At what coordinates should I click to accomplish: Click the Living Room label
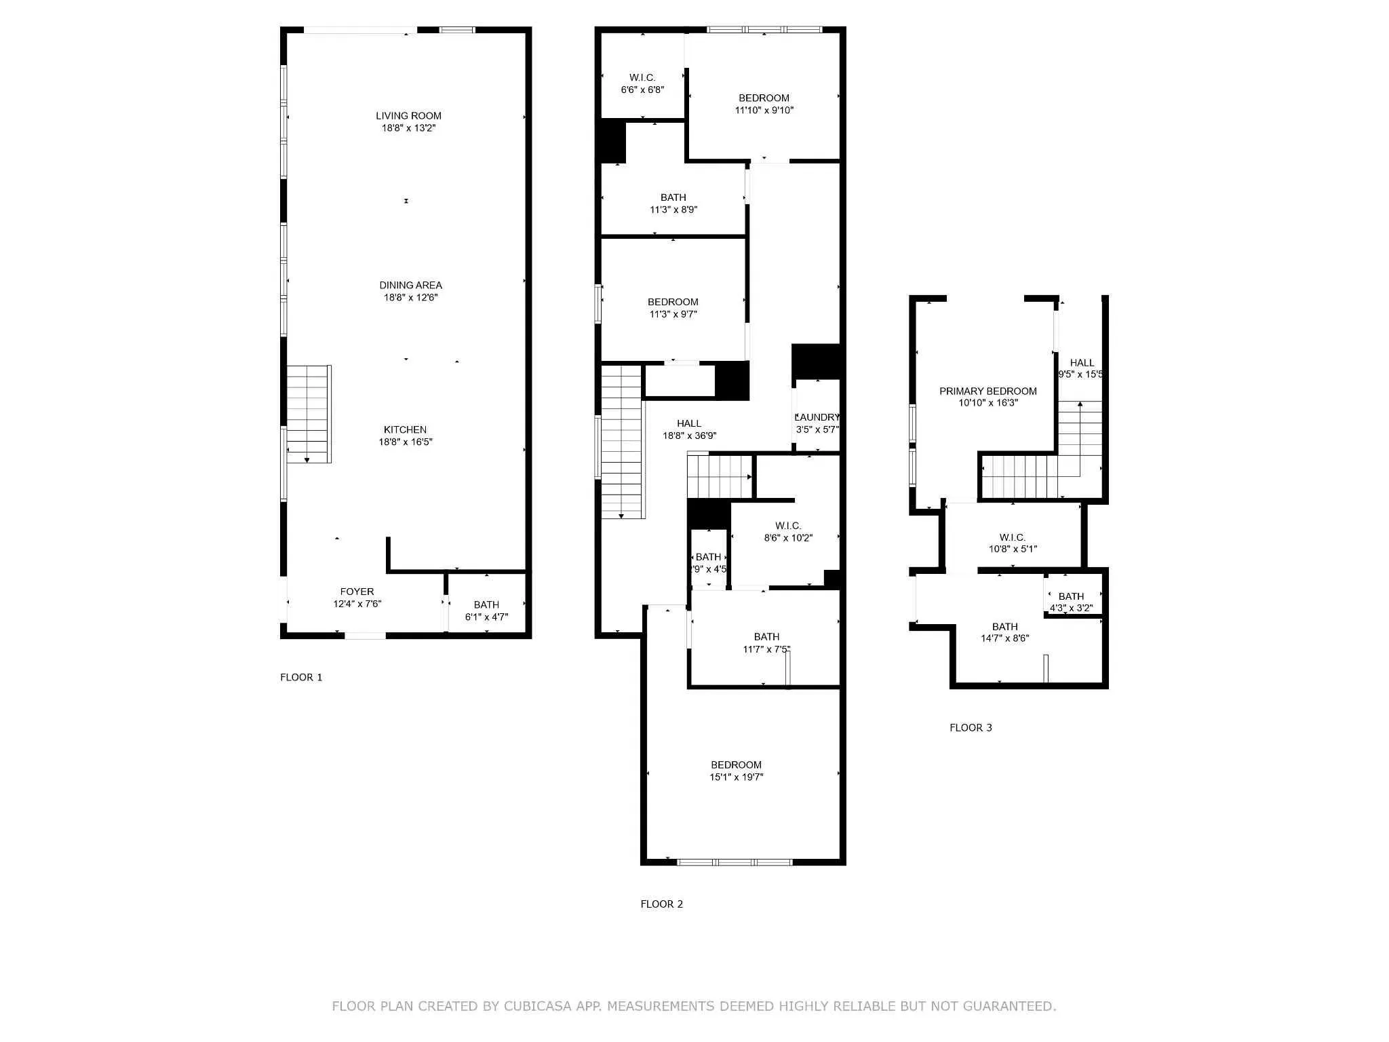click(408, 116)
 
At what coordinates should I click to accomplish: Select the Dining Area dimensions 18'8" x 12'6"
click(410, 297)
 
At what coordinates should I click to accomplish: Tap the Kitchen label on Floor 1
click(405, 429)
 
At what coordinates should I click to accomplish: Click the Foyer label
click(357, 592)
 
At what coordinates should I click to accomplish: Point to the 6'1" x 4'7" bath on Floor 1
click(486, 611)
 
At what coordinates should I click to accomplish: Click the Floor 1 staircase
click(309, 414)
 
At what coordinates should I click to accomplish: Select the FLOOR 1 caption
click(301, 677)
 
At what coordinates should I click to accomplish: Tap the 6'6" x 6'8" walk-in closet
click(642, 83)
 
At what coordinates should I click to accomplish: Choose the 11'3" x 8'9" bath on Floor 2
click(673, 204)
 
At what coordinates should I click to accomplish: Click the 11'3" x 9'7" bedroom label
click(673, 308)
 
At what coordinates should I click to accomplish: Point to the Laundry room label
click(817, 418)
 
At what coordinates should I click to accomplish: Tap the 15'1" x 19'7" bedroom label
click(736, 771)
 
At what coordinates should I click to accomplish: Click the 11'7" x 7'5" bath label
click(766, 642)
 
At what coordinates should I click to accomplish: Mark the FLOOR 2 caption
click(661, 904)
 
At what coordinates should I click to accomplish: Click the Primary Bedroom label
click(987, 391)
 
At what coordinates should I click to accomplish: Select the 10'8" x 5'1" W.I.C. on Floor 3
click(1012, 543)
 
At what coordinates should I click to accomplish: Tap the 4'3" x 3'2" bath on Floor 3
click(1071, 602)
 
